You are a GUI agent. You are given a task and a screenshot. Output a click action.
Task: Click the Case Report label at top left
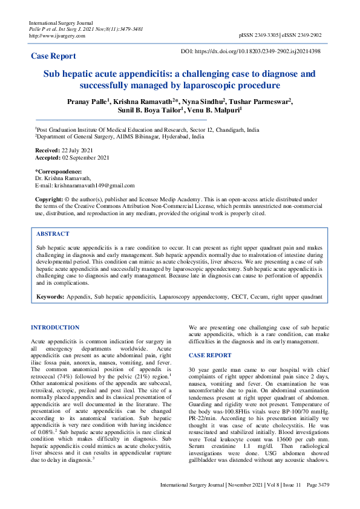[x=53, y=56]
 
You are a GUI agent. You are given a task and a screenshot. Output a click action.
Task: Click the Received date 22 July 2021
[x=76, y=149]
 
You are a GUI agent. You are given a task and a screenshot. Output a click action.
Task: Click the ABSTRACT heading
[x=53, y=233]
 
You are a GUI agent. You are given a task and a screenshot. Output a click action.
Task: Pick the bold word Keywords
[x=50, y=297]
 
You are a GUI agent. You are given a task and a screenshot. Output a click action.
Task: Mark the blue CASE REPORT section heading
[x=210, y=355]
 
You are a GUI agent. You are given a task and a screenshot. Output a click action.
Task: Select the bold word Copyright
[x=48, y=199]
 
